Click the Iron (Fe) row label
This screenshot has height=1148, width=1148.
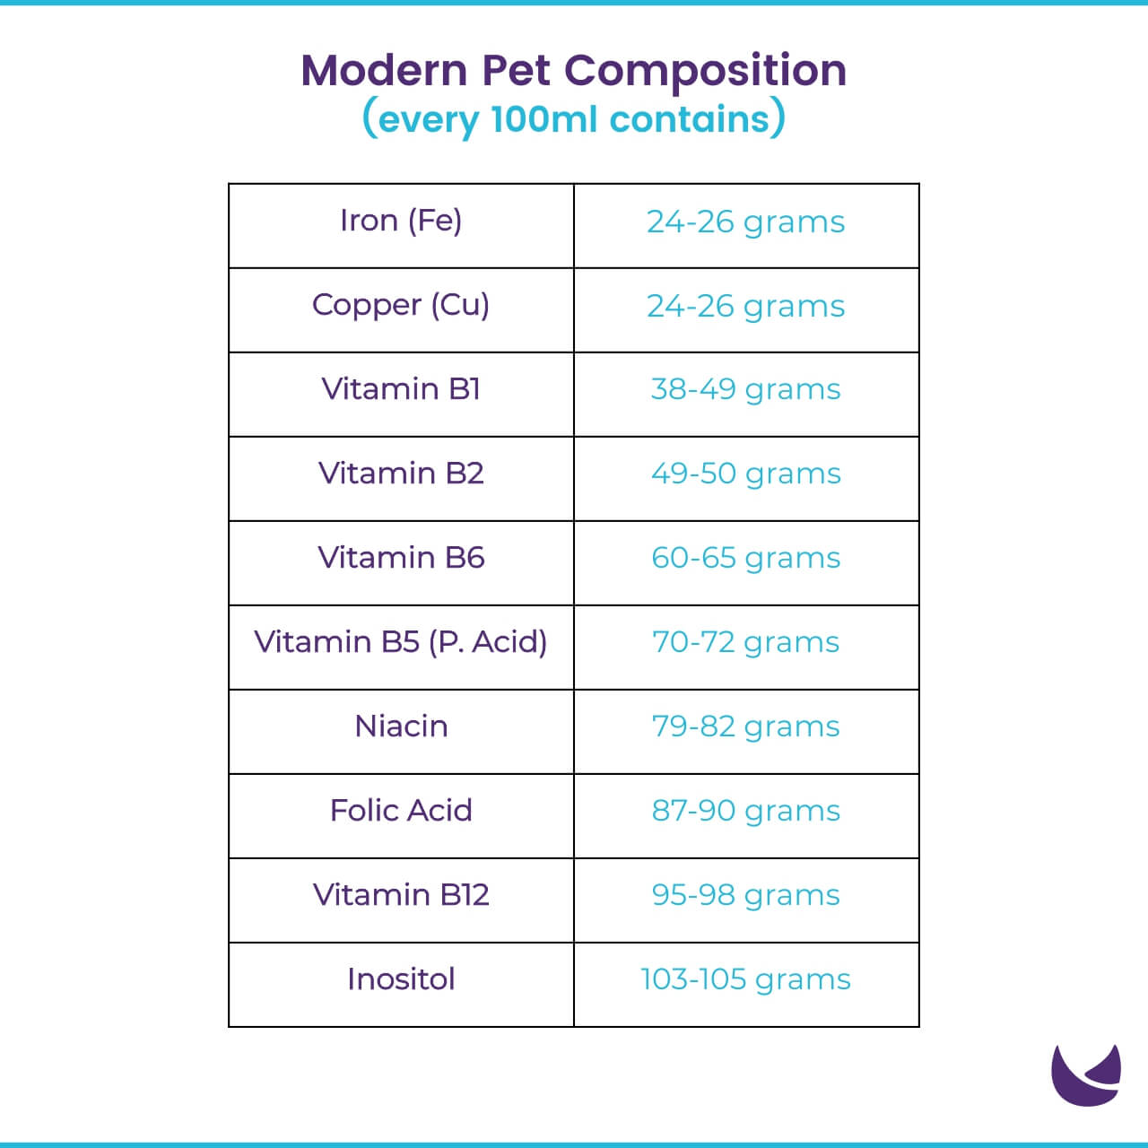(401, 221)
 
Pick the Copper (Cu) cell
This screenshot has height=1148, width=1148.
(401, 305)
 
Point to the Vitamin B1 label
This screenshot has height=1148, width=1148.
(401, 389)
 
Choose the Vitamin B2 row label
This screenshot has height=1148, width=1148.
(401, 474)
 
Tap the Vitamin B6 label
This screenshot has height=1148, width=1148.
(401, 558)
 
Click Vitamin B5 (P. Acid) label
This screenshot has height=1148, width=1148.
(401, 642)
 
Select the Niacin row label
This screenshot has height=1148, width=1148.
(401, 726)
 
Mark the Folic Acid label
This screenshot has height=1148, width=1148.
(401, 811)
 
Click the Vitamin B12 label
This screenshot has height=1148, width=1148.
(401, 895)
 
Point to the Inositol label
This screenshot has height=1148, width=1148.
(401, 979)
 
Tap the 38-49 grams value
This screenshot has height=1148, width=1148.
(745, 390)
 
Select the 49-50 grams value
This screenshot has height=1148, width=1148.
(745, 474)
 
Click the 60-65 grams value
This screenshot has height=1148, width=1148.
(745, 559)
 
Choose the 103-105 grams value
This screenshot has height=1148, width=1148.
(745, 980)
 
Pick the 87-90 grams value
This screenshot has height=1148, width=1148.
(745, 812)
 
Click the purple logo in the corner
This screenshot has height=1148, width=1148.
(1084, 1076)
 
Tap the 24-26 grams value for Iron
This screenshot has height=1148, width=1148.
(745, 222)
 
